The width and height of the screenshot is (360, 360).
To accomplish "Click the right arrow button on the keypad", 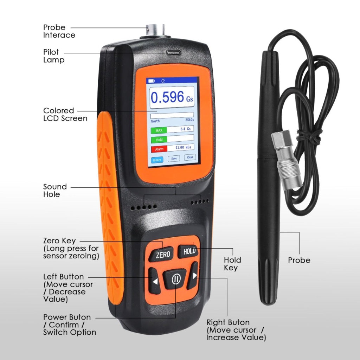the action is coord(193,276).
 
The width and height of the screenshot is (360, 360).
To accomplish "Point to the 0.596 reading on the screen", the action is coord(167,97).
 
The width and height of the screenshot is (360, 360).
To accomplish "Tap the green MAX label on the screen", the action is coord(159,130).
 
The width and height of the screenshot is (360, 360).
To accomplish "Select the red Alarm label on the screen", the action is coord(159,149).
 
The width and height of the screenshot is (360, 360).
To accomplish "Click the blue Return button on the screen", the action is coord(157,160).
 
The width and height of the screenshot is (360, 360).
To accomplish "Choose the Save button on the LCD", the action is coord(174,159).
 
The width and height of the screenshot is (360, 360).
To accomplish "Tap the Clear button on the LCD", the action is coord(190,157).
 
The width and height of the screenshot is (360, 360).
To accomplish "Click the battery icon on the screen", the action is coord(151,81).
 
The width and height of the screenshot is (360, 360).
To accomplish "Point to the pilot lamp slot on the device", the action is coord(173,53).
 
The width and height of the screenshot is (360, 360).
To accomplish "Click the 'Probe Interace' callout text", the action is coord(59,31).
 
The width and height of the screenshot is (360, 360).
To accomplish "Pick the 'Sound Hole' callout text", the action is coord(55,190).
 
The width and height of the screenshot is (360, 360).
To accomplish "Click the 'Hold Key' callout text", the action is coord(232,264).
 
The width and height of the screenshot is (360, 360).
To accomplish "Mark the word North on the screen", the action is coord(155,121).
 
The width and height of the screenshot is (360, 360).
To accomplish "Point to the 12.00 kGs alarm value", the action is coord(183,147).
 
